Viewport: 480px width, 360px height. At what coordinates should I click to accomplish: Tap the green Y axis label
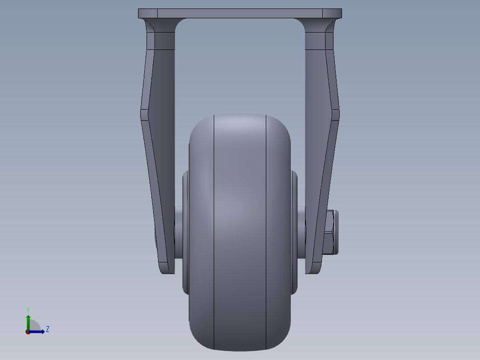pos(28,309)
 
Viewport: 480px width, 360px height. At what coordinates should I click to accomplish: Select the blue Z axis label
pos(47,329)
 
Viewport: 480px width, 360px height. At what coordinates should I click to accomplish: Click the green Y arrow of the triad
pos(28,321)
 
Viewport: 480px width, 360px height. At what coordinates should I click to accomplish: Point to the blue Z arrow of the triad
pos(38,331)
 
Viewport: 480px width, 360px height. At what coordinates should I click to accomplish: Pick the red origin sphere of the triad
pos(28,332)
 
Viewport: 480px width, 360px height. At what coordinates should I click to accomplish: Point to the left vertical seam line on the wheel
pos(214,232)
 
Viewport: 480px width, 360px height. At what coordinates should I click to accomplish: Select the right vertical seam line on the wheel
pos(266,232)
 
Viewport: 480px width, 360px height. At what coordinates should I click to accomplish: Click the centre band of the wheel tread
pos(240,232)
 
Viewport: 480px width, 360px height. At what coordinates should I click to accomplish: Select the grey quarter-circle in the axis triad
pos(35,326)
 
